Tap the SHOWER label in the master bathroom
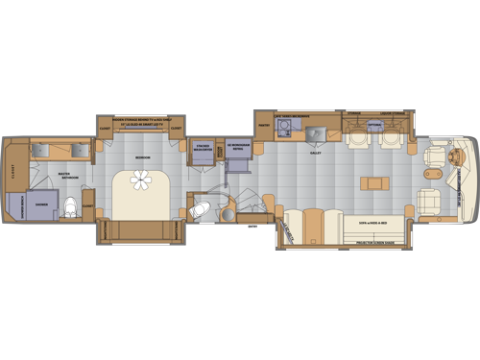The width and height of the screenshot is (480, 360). point(42,204)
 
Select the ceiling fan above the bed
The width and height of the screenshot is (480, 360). point(142,180)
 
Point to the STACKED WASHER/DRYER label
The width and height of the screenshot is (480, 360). point(202,150)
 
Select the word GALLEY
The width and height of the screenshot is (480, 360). point(315,151)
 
